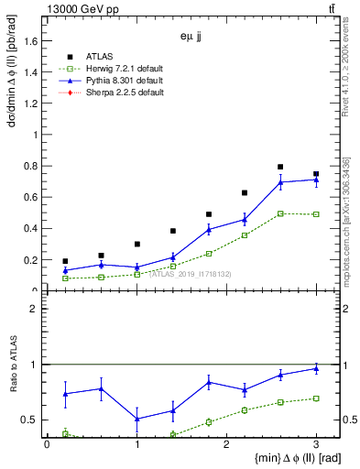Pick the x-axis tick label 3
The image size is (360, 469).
pyautogui.click(x=316, y=444)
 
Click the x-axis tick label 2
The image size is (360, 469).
pyautogui.click(x=226, y=444)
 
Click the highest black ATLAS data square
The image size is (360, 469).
pyautogui.click(x=280, y=167)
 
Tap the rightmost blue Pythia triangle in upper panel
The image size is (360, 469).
pyautogui.click(x=316, y=180)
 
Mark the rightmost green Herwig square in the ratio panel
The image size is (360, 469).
pyautogui.click(x=316, y=398)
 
